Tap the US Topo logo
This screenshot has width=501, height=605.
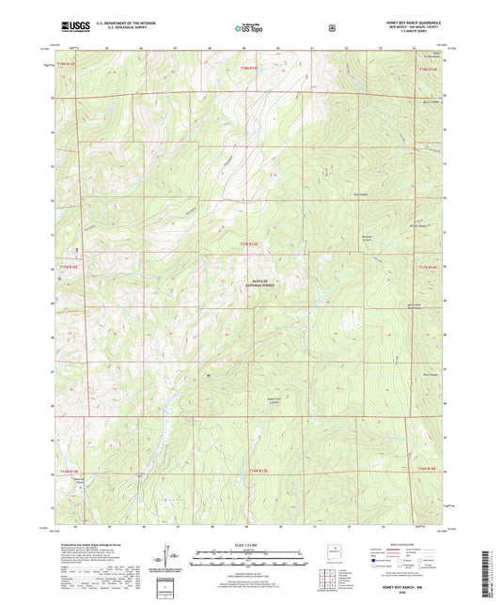pyautogui.click(x=249, y=28)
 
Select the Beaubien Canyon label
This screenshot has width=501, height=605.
pyautogui.click(x=369, y=237)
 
